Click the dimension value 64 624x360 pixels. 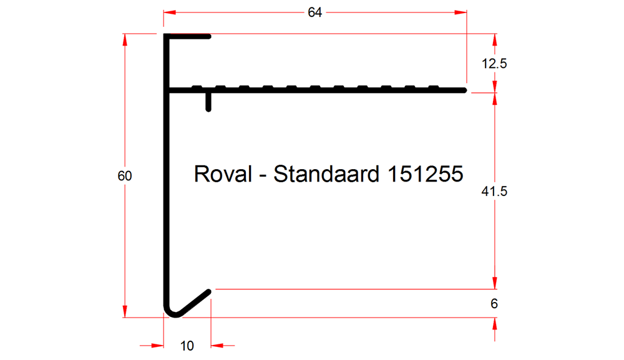[x=314, y=12]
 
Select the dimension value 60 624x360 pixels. [x=125, y=176]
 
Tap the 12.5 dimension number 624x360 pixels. [x=494, y=64]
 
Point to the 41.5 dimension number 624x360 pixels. [x=494, y=192]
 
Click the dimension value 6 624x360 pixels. [x=494, y=304]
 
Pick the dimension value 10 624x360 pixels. [x=187, y=346]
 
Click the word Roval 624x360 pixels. [x=223, y=174]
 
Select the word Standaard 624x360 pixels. [x=326, y=174]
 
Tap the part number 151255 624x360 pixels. [x=425, y=174]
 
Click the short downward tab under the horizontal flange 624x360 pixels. [x=208, y=102]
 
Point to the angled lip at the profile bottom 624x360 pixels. [x=192, y=303]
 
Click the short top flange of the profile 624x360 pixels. [x=187, y=37]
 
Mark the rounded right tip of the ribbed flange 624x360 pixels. [x=464, y=90]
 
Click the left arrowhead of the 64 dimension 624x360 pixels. [x=170, y=12]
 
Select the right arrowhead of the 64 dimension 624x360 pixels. [x=461, y=12]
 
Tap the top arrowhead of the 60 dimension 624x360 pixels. [x=125, y=40]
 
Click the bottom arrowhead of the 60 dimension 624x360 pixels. [x=125, y=311]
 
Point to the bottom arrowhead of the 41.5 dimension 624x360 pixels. [x=495, y=283]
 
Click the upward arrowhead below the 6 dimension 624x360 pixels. [x=495, y=324]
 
